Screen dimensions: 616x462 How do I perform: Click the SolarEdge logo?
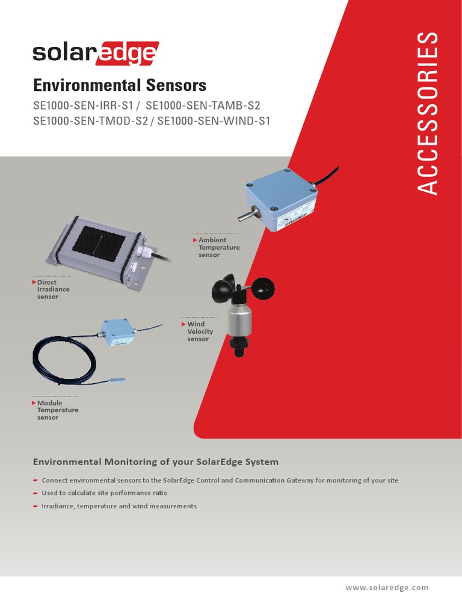pyautogui.click(x=95, y=53)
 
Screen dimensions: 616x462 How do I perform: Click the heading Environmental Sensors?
pyautogui.click(x=119, y=84)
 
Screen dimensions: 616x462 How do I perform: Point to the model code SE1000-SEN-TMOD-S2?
pyautogui.click(x=90, y=120)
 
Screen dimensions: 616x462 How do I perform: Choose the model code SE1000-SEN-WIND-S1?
pyautogui.click(x=214, y=120)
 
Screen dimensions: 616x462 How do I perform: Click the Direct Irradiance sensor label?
pyautogui.click(x=53, y=289)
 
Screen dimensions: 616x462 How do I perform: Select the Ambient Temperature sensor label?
pyautogui.click(x=218, y=247)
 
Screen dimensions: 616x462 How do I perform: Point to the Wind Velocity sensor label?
pyautogui.click(x=200, y=331)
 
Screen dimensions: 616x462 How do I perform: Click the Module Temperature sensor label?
pyautogui.click(x=57, y=410)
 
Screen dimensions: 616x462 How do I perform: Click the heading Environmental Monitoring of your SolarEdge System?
pyautogui.click(x=155, y=462)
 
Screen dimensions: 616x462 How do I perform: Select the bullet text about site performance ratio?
pyautogui.click(x=104, y=493)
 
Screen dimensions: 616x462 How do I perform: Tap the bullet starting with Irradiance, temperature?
pyautogui.click(x=119, y=507)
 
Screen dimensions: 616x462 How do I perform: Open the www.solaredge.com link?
pyautogui.click(x=387, y=588)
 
